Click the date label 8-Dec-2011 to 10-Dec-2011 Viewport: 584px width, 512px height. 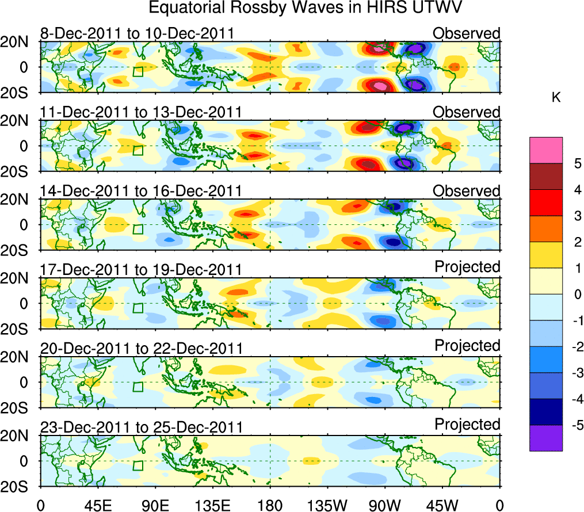[137, 33]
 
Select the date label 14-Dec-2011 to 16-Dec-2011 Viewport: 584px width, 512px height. [141, 191]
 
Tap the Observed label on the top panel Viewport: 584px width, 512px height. [466, 33]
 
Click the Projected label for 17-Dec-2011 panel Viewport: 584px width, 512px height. [467, 267]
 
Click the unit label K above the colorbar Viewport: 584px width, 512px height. [556, 98]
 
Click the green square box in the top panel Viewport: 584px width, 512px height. [138, 71]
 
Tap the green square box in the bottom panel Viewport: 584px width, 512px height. [138, 465]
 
